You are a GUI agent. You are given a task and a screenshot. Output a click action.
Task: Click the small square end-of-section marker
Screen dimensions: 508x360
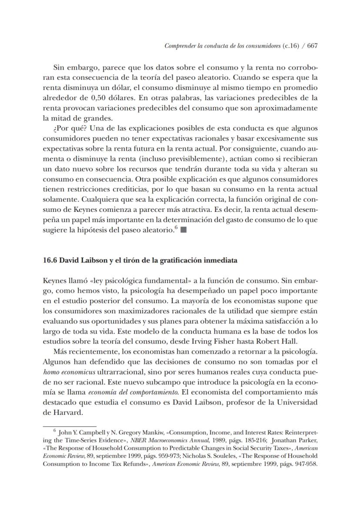coord(183,231)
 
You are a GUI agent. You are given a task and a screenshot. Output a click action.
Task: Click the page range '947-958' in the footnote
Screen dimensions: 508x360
coord(307,463)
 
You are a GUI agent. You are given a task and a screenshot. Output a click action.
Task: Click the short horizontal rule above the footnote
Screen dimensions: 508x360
coord(69,427)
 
